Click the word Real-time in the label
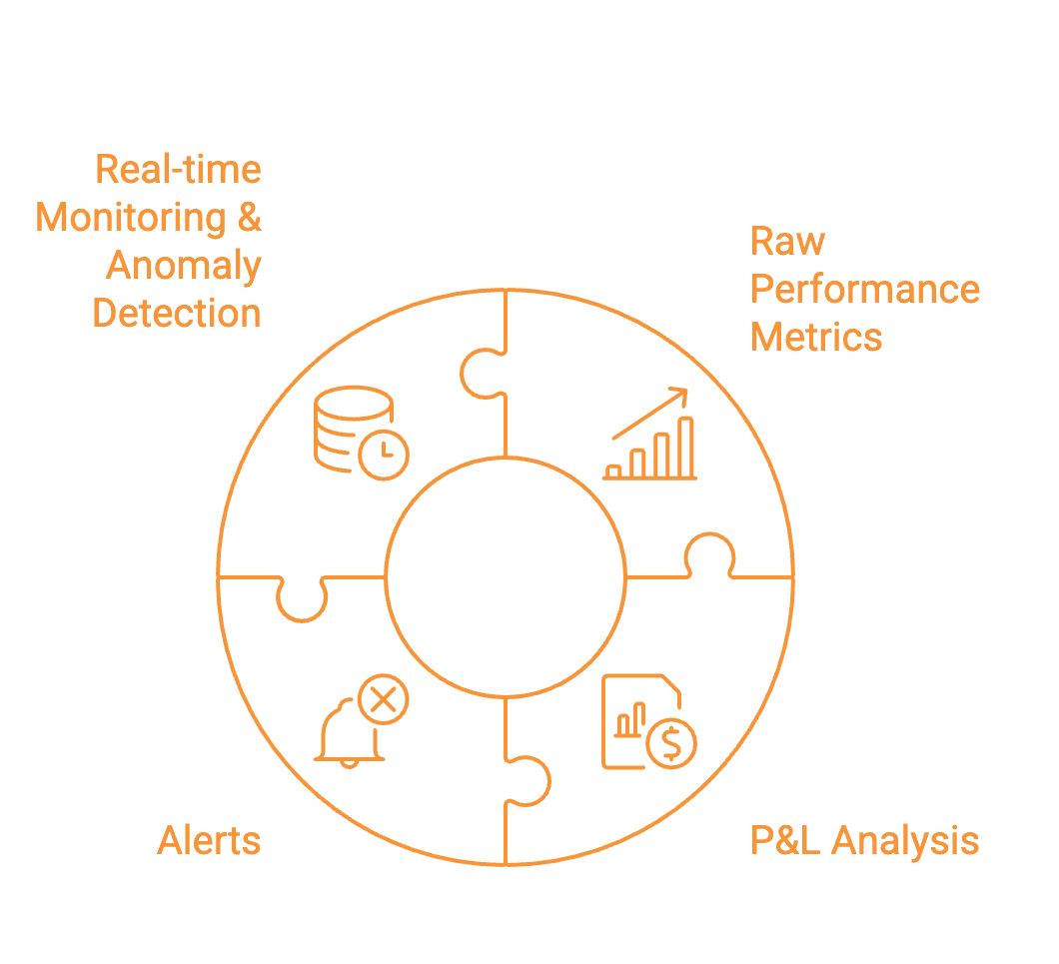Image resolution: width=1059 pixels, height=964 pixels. tap(178, 169)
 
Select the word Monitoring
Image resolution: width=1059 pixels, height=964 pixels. tap(131, 217)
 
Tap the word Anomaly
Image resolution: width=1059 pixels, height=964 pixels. tap(184, 266)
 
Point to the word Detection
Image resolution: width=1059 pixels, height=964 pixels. tap(177, 314)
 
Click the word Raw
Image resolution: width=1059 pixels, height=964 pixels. tap(787, 242)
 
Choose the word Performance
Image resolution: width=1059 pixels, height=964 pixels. tap(864, 290)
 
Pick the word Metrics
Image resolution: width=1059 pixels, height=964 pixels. tap(816, 338)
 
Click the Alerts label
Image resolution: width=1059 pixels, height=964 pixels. tap(209, 841)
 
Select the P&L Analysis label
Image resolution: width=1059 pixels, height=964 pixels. tap(864, 841)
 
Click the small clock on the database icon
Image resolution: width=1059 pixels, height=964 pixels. tap(384, 456)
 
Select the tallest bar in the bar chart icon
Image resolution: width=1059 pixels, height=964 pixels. tap(685, 447)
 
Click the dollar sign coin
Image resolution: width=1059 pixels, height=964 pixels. tap(671, 742)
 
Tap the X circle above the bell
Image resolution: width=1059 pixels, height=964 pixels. tap(383, 699)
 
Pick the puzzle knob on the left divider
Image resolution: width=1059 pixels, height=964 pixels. tap(301, 599)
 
